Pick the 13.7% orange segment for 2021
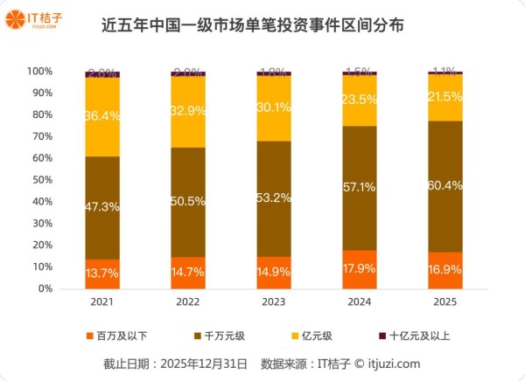click(102, 274)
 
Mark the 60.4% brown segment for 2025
click(445, 185)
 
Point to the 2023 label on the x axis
click(274, 301)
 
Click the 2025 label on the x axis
click(445, 301)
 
